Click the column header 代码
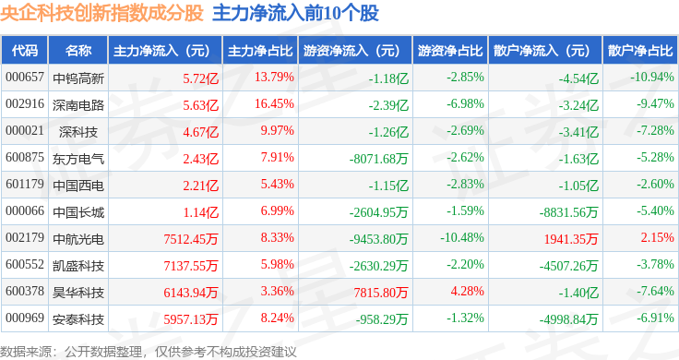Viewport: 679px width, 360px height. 25,51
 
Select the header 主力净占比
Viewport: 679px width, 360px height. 260,51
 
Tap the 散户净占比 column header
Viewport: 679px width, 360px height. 640,51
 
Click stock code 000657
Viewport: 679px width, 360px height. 25,78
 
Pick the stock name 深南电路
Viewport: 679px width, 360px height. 78,105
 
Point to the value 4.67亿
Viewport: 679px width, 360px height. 200,132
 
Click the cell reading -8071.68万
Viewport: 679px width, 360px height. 379,159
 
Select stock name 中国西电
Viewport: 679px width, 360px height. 78,186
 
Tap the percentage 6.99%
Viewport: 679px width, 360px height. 277,211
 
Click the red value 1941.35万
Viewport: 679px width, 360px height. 571,239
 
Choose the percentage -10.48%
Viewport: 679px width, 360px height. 462,238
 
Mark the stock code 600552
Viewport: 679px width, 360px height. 25,264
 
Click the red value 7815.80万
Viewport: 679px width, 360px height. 381,293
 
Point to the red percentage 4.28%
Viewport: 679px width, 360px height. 467,291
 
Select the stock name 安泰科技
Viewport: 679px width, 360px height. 78,319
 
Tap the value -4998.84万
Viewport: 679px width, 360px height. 568,319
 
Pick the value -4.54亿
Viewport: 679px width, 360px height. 578,78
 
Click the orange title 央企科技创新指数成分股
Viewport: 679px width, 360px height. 101,13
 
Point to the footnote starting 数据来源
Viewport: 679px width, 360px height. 149,352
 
